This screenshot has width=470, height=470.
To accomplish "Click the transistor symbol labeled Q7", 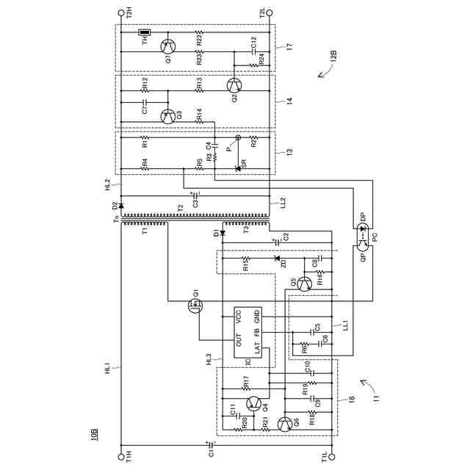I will pyautogui.click(x=168, y=43).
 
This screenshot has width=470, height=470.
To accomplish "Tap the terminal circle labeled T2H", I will pyautogui.click(x=121, y=12).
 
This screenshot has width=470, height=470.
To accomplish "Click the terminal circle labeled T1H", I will pyautogui.click(x=121, y=456).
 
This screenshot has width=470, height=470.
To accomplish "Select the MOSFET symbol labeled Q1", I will pyautogui.click(x=195, y=303).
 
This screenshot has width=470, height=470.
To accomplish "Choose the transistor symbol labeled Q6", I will pyautogui.click(x=284, y=425).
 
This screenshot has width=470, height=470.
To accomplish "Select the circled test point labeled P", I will pyautogui.click(x=237, y=137).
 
